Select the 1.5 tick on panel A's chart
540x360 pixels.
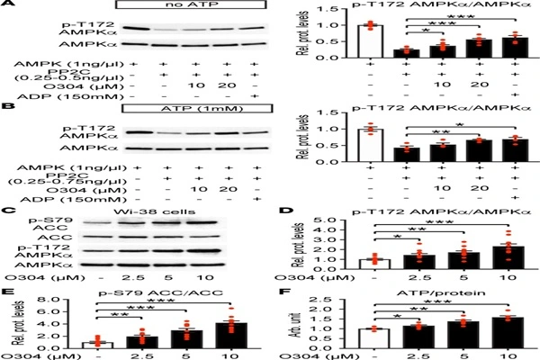[x=343, y=11]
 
